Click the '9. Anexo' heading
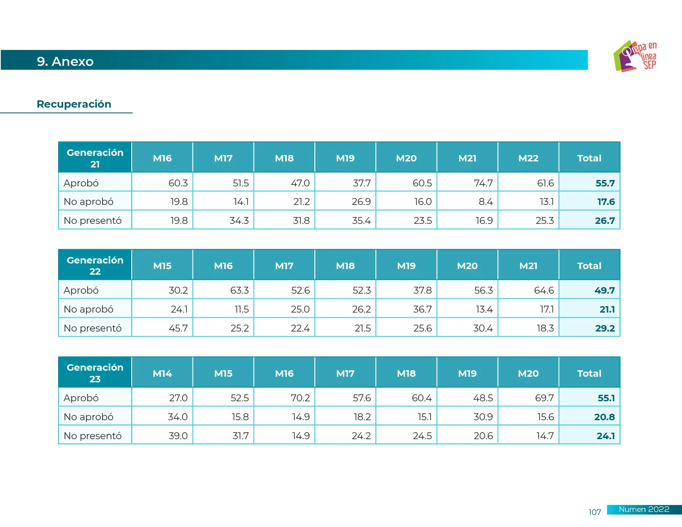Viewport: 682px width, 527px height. pyautogui.click(x=65, y=61)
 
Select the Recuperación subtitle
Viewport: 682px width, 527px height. pyautogui.click(x=74, y=104)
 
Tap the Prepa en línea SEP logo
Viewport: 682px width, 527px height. pyautogui.click(x=635, y=56)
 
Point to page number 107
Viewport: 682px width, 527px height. pyautogui.click(x=595, y=512)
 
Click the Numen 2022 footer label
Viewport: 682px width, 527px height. pyautogui.click(x=644, y=509)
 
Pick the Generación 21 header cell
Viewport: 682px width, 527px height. pyautogui.click(x=95, y=158)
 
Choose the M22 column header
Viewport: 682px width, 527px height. pyautogui.click(x=528, y=158)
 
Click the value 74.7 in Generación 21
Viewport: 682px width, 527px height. pyautogui.click(x=483, y=183)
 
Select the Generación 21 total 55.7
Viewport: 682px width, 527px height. pyautogui.click(x=605, y=183)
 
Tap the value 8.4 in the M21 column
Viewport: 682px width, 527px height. pyautogui.click(x=485, y=201)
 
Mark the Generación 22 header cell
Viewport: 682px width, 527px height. pyautogui.click(x=95, y=266)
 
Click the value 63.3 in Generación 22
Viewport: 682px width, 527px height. pyautogui.click(x=239, y=290)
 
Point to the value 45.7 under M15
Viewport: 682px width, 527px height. pyautogui.click(x=178, y=328)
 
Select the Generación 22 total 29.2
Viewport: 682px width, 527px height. pyautogui.click(x=605, y=328)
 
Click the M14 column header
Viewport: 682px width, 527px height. pyautogui.click(x=162, y=373)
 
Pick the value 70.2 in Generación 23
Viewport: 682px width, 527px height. pyautogui.click(x=300, y=398)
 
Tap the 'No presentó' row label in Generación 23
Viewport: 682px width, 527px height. pyautogui.click(x=93, y=436)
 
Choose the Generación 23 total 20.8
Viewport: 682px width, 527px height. pyautogui.click(x=604, y=417)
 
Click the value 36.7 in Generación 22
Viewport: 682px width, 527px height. pyautogui.click(x=422, y=309)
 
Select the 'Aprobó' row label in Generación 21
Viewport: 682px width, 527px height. pyautogui.click(x=81, y=183)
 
